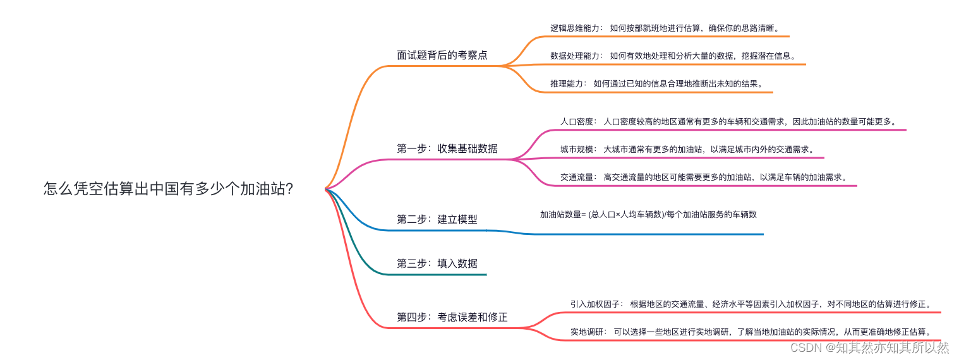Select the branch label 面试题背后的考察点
pyautogui.click(x=442, y=55)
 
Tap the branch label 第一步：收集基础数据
pyautogui.click(x=447, y=148)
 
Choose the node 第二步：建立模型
pyautogui.click(x=437, y=219)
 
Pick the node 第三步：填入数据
pyautogui.click(x=437, y=263)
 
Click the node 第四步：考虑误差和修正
pyautogui.click(x=452, y=317)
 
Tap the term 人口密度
pyautogui.click(x=577, y=121)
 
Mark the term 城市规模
pyautogui.click(x=577, y=150)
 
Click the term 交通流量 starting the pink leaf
pyautogui.click(x=577, y=177)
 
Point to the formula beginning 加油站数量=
pyautogui.click(x=648, y=214)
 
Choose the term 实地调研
pyautogui.click(x=588, y=332)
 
